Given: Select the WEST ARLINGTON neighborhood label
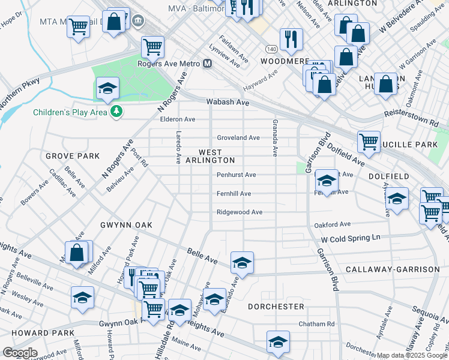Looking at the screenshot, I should point(209,156).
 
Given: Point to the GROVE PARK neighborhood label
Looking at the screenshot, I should point(73,156).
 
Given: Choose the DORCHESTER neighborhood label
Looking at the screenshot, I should point(276,306).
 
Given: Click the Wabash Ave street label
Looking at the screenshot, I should point(228,103).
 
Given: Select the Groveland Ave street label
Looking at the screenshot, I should point(238,137).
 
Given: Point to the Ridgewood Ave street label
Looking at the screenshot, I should point(240,212).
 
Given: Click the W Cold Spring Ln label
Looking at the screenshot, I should point(351,238).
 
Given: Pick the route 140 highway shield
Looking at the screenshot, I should point(271,49).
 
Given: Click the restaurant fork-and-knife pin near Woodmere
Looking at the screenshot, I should point(291,39).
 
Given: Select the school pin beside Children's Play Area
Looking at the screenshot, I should point(107,89).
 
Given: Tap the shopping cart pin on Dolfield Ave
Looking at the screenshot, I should point(369,142).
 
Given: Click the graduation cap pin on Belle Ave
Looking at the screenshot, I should point(242,262).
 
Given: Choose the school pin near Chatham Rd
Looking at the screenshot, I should point(277,341).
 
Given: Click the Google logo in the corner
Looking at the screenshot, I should point(20,353).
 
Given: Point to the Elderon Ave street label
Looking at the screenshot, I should point(178,119).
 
